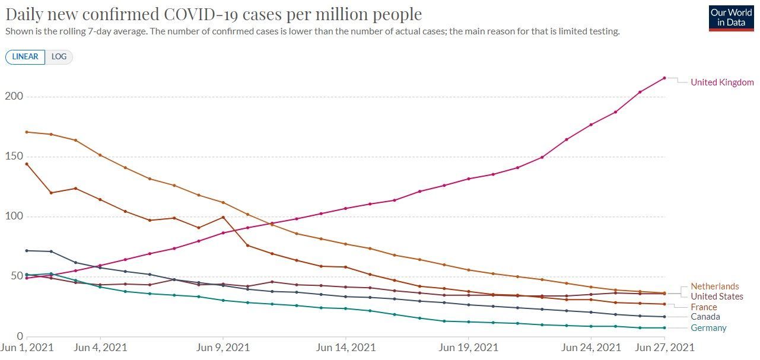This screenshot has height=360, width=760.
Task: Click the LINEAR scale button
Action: (25, 57)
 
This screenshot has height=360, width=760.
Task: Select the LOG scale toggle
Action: (59, 57)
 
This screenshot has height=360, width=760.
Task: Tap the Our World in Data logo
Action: (731, 18)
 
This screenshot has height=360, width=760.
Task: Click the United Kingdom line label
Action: (722, 82)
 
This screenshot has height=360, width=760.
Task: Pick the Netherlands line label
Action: (715, 286)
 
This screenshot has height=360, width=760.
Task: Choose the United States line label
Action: (717, 297)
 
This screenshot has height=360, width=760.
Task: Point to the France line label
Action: (704, 307)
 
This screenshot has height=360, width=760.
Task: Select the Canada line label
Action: (705, 317)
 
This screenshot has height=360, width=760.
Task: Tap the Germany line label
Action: (708, 328)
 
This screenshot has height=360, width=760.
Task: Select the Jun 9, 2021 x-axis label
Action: (223, 348)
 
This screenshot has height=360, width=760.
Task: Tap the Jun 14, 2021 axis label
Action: (346, 348)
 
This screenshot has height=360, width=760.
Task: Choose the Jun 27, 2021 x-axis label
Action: (664, 348)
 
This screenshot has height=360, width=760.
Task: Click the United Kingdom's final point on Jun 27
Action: (664, 78)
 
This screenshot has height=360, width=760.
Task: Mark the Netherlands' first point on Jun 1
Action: (27, 132)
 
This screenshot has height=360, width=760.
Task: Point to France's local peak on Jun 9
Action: (223, 217)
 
